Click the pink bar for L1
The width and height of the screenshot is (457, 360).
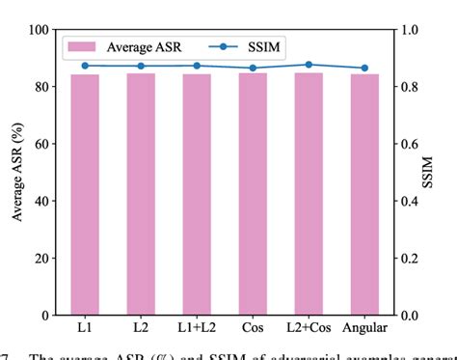tap(85, 194)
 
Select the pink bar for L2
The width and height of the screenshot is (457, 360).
tap(141, 194)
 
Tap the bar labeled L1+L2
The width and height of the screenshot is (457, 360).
tap(197, 194)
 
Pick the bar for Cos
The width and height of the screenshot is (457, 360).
tap(253, 194)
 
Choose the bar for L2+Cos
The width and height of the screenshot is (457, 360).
tap(309, 194)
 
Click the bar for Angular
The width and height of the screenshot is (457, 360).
tap(364, 194)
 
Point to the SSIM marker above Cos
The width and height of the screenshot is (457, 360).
tap(253, 68)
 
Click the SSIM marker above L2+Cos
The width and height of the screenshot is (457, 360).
tap(309, 65)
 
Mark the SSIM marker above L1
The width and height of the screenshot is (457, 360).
tap(85, 66)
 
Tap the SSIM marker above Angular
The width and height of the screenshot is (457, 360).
tap(364, 68)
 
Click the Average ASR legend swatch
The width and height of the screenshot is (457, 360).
tap(85, 46)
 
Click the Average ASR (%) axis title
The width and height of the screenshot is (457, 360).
tap(16, 172)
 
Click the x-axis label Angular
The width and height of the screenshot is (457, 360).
tap(364, 330)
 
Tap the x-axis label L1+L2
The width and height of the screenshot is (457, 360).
tap(197, 330)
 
